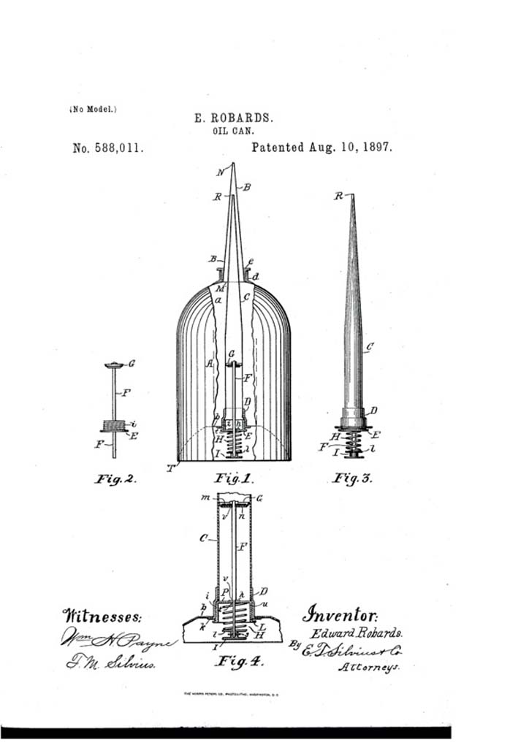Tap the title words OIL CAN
(232, 131)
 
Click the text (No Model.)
(93, 110)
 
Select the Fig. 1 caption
(233, 480)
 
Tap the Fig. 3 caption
(354, 479)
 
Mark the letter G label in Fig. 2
(131, 363)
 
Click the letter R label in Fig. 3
(339, 196)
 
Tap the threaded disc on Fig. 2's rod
(113, 424)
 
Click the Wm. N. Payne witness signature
(117, 642)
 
